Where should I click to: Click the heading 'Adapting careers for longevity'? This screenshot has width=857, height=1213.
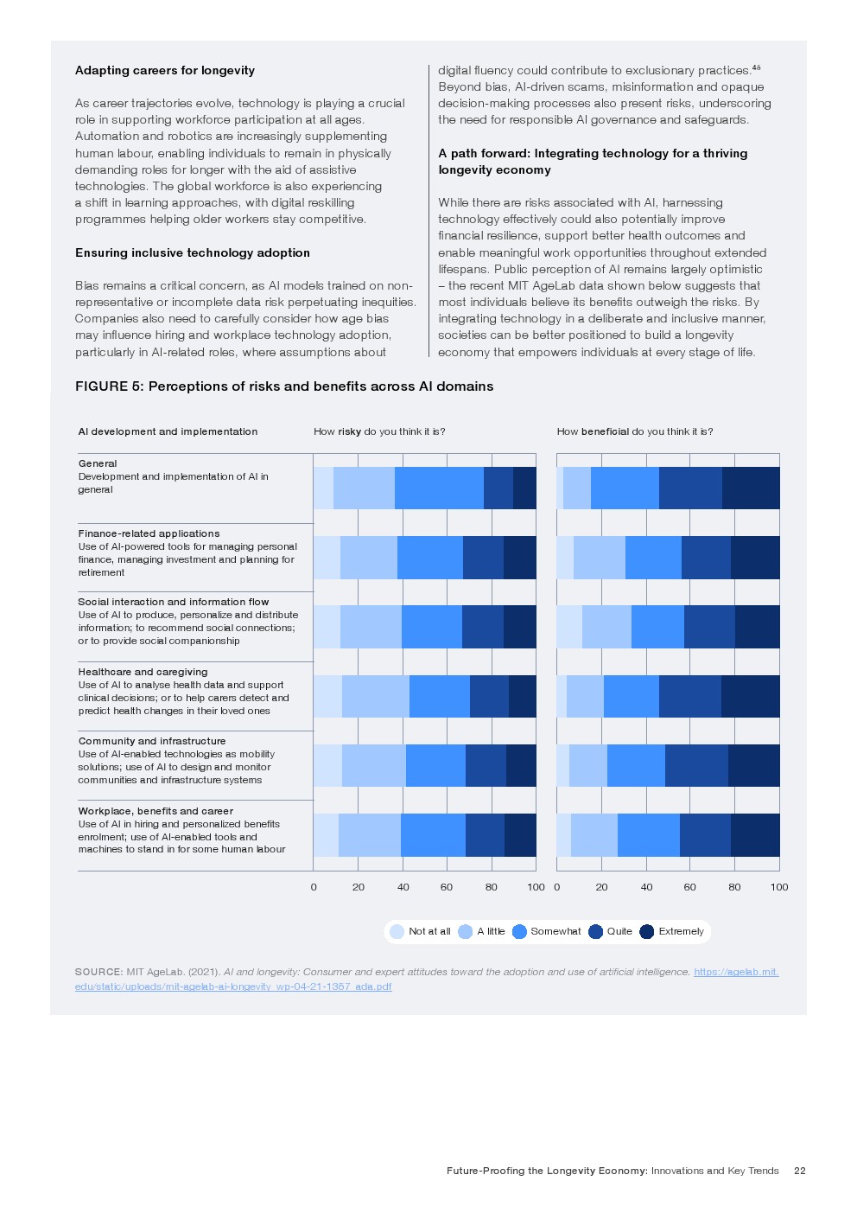(x=165, y=70)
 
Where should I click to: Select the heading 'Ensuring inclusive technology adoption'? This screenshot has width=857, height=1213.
(x=192, y=252)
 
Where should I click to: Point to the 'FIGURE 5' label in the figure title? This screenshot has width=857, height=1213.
(x=109, y=386)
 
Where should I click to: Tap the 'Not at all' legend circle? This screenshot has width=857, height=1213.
(x=397, y=931)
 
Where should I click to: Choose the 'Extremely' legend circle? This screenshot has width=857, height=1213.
(x=646, y=931)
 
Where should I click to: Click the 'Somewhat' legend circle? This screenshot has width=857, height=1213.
(x=519, y=931)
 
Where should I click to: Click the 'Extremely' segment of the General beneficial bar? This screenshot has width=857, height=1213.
(x=751, y=488)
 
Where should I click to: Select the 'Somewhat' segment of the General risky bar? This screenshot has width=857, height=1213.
(x=439, y=488)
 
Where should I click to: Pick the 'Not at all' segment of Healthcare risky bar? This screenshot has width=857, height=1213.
(x=327, y=696)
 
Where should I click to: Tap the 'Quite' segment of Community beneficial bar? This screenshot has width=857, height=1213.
(x=696, y=765)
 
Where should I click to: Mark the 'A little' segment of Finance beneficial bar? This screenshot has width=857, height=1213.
(x=599, y=558)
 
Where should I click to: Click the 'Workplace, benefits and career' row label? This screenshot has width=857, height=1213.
(x=156, y=811)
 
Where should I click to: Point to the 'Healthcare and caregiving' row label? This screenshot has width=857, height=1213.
(x=143, y=672)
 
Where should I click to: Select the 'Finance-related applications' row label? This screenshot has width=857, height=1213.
(x=149, y=533)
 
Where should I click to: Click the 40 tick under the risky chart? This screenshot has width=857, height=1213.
(x=403, y=887)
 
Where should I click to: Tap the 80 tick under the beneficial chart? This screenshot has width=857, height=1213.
(x=734, y=887)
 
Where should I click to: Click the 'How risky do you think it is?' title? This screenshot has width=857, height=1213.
(x=379, y=431)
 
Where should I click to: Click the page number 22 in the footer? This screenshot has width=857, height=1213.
(x=799, y=1171)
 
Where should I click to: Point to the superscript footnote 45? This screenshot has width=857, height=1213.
(x=756, y=67)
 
